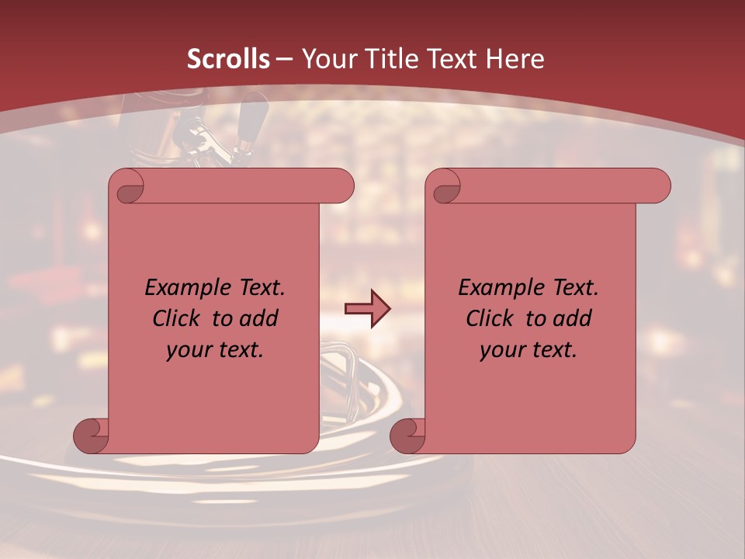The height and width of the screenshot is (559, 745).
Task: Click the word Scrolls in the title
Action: (x=228, y=59)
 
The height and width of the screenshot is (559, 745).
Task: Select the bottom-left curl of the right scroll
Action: (x=407, y=436)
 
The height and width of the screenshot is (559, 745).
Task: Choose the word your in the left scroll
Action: (x=187, y=350)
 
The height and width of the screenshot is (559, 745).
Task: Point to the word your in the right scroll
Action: (x=501, y=350)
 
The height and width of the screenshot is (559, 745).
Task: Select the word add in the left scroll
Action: (x=259, y=318)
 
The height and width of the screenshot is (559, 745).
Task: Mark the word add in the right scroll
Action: (x=573, y=318)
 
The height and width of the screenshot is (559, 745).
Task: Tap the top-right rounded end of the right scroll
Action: (x=655, y=186)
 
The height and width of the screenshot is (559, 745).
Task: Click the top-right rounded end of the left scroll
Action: (x=338, y=186)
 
